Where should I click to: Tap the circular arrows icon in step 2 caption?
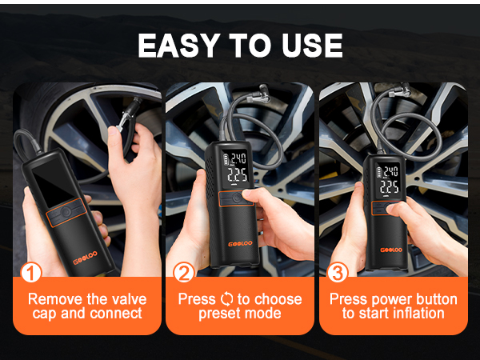(226, 299)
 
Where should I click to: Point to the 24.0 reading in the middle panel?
(238, 158)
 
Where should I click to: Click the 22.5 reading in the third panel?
(390, 187)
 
